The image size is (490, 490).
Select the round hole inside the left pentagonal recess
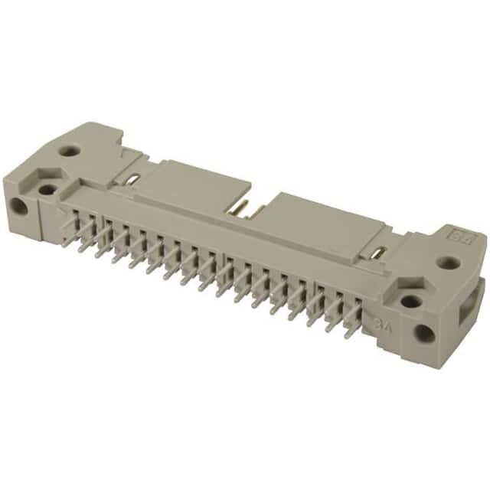47,189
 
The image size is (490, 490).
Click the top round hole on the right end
449,263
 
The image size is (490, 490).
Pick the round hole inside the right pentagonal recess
411,301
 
